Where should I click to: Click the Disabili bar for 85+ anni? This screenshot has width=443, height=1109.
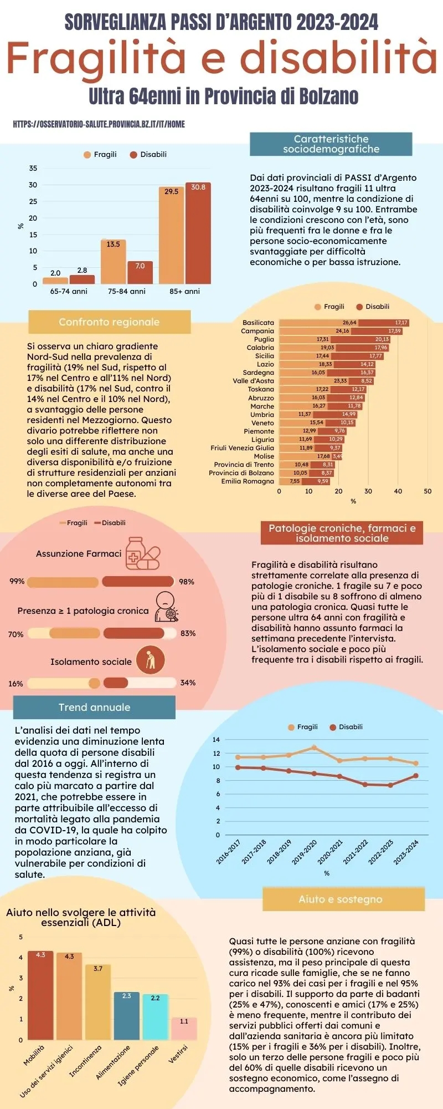[198, 233]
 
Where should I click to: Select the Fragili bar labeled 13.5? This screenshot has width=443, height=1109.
[113, 262]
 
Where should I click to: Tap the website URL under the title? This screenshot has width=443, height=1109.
[99, 124]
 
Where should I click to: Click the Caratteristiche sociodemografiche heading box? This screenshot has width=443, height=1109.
[331, 144]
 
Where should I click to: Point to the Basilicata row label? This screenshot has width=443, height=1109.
[258, 323]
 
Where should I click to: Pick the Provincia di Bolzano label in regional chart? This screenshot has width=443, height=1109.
[241, 473]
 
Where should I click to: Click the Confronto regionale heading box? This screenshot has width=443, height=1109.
[109, 322]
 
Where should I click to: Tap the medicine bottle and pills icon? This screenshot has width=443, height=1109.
[142, 553]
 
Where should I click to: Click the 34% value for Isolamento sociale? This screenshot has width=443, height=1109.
[188, 683]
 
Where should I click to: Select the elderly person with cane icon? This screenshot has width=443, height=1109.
[151, 660]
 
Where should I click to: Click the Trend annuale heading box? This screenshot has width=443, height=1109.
[94, 708]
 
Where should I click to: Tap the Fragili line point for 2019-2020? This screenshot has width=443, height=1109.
[314, 747]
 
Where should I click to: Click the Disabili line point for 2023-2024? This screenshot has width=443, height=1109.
[415, 776]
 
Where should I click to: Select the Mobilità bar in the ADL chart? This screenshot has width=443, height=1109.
[40, 995]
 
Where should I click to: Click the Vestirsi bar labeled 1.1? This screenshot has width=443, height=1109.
[184, 1028]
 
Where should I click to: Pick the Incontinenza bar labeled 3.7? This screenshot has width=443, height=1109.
[98, 1002]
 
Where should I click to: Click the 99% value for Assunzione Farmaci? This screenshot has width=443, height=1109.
[17, 581]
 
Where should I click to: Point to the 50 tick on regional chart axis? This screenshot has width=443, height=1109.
[427, 491]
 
